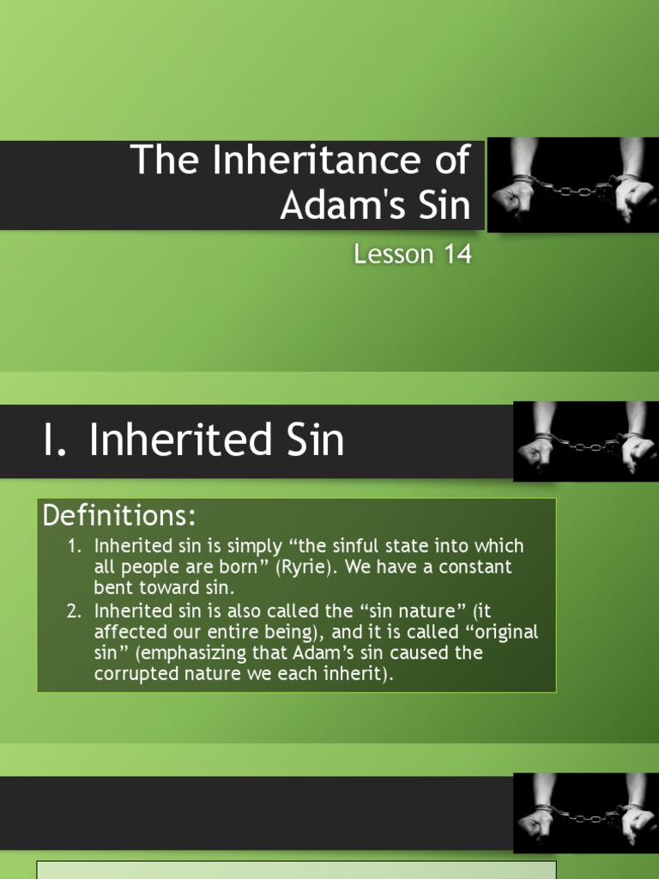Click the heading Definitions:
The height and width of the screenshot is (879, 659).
[x=119, y=516]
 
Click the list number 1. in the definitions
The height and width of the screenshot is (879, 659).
[x=76, y=546]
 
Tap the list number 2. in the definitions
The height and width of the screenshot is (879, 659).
[x=76, y=610]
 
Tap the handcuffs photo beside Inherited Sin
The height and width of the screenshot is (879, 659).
[x=585, y=440]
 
